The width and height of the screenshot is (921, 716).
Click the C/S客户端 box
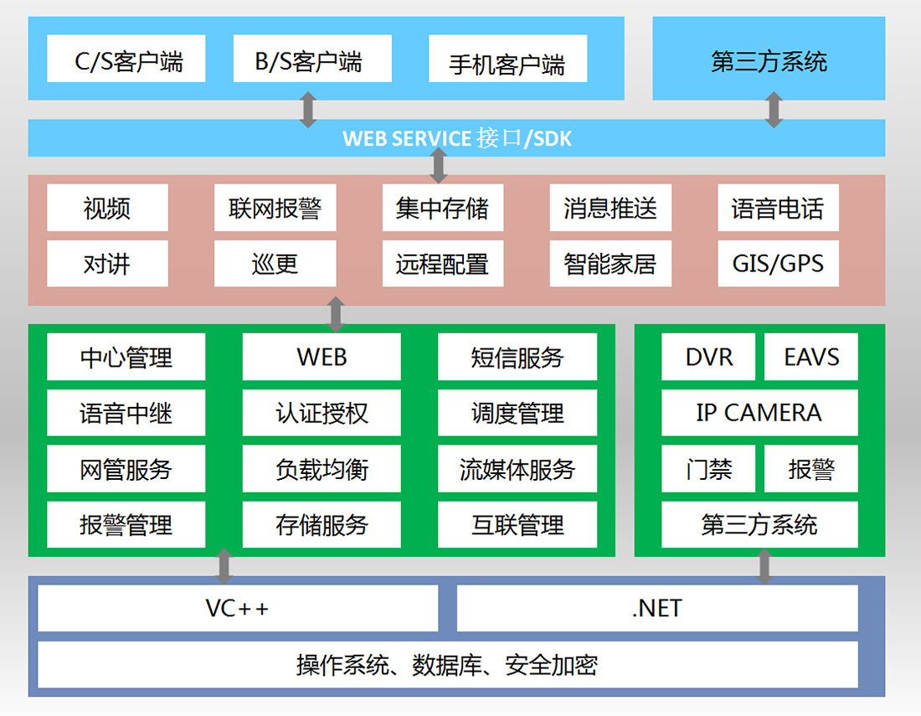[x=126, y=59]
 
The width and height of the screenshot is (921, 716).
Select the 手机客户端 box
[x=507, y=59]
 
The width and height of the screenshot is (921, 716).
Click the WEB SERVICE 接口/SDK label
[x=456, y=138]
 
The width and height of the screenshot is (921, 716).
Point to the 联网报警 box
[x=275, y=208]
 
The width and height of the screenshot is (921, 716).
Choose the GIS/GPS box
[x=778, y=264]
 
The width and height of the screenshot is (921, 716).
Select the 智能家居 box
[x=610, y=264]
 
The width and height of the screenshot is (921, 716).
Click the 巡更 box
[x=275, y=264]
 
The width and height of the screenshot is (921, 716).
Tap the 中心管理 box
[x=126, y=358]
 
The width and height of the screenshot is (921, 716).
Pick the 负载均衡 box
[x=322, y=469]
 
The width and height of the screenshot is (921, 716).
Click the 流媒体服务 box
[x=517, y=469]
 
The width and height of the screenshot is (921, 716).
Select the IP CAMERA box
[x=759, y=413]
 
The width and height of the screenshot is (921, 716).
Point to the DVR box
[x=708, y=358]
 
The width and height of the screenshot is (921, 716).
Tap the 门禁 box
[x=708, y=469]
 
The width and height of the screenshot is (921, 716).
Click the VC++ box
[x=238, y=608]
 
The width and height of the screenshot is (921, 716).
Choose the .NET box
[x=657, y=608]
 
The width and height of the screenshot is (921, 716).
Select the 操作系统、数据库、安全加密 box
[x=448, y=665]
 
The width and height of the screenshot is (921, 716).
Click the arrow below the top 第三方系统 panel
[x=774, y=110]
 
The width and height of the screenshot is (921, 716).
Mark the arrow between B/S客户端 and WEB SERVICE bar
[x=308, y=110]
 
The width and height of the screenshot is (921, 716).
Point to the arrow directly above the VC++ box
[x=224, y=566]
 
